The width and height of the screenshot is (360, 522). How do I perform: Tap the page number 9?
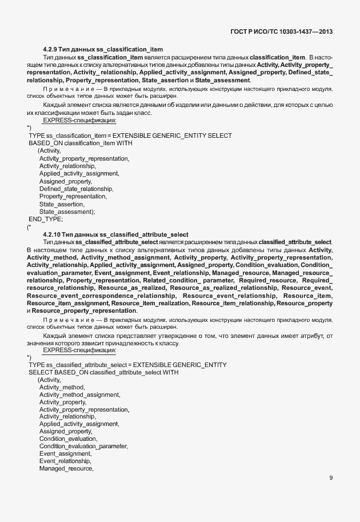point(331,478)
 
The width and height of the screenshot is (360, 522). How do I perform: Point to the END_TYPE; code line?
point(46,220)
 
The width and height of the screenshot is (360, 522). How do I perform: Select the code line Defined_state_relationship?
point(76,189)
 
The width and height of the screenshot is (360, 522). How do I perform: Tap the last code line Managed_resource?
point(66,469)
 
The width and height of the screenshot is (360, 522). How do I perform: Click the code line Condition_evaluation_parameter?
point(83,446)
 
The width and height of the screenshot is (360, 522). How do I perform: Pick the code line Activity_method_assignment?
point(79,395)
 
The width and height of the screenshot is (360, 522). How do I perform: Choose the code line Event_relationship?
point(65,461)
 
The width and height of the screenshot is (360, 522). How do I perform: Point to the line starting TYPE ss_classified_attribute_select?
point(127,365)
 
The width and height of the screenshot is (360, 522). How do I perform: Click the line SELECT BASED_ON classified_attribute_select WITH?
point(95,372)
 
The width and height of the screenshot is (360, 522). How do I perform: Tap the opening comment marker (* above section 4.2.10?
point(29,227)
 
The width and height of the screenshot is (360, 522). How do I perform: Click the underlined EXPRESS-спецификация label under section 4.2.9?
point(79,121)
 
